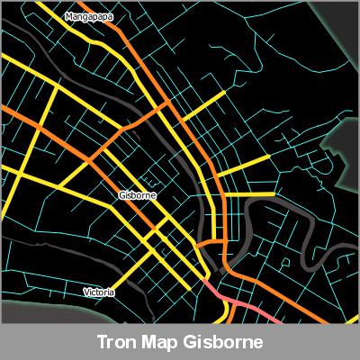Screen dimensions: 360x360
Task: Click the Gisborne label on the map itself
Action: tap(137, 194)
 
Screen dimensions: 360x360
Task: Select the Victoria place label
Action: tap(98, 292)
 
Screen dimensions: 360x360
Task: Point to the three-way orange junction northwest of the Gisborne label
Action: tap(90, 161)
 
